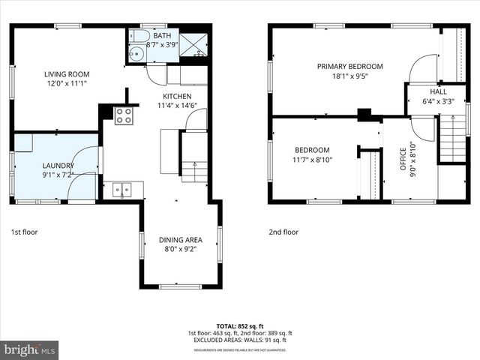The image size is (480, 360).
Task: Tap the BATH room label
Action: click(x=162, y=35)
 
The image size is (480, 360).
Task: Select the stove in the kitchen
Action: click(x=124, y=115)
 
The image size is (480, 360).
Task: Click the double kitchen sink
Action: click(x=122, y=190)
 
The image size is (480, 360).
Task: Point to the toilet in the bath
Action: click(x=140, y=37)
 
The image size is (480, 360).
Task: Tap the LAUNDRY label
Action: click(x=57, y=165)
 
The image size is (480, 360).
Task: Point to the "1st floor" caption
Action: click(x=24, y=232)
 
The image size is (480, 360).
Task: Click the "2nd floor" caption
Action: click(x=283, y=232)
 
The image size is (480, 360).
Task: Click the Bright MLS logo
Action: click(x=30, y=349)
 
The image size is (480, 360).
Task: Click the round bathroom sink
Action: click(x=136, y=54)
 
